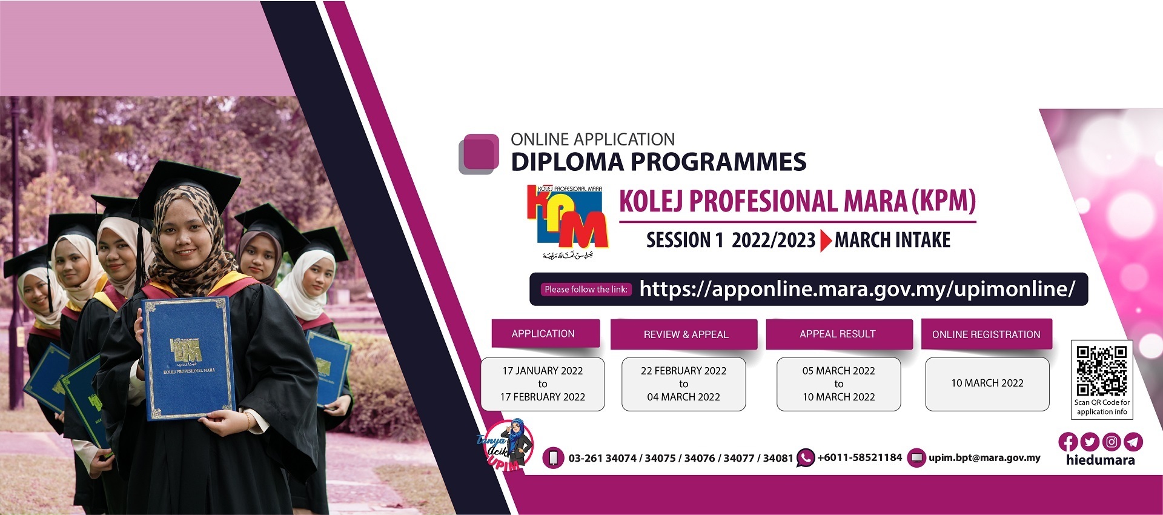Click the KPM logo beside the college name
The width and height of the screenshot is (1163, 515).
pyautogui.click(x=566, y=222)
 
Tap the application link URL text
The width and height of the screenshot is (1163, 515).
pyautogui.click(x=857, y=289)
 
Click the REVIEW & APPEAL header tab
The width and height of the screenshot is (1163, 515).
pyautogui.click(x=684, y=334)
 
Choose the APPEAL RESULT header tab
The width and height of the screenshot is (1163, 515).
pyautogui.click(x=839, y=334)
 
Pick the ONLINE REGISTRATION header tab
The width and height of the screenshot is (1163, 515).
pyautogui.click(x=986, y=334)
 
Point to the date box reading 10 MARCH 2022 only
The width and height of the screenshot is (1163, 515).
pyautogui.click(x=987, y=384)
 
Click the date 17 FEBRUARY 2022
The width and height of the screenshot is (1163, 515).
pyautogui.click(x=543, y=397)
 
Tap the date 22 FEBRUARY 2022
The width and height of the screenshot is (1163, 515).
pyautogui.click(x=684, y=371)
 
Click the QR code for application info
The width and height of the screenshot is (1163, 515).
pyautogui.click(x=1102, y=371)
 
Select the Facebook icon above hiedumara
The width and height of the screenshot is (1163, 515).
pyautogui.click(x=1068, y=442)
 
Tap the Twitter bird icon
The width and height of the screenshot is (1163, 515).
pyautogui.click(x=1090, y=442)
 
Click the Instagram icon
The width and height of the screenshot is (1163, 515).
pyautogui.click(x=1112, y=442)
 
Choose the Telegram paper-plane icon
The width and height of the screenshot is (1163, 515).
pyautogui.click(x=1133, y=442)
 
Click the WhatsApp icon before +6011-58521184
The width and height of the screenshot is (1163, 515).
pyautogui.click(x=805, y=458)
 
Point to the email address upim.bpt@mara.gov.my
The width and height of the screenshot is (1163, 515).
pyautogui.click(x=984, y=458)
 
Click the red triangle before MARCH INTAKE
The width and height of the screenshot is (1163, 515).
pyautogui.click(x=826, y=241)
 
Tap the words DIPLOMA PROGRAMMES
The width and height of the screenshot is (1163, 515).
pyautogui.click(x=658, y=162)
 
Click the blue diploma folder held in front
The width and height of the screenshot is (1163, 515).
pyautogui.click(x=187, y=358)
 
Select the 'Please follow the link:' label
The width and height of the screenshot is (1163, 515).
pyautogui.click(x=586, y=290)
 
